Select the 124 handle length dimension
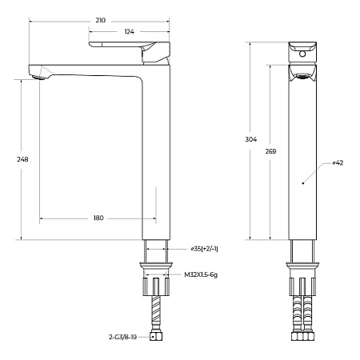coord(128,31)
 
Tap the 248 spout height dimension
coord(22,159)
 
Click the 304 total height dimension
coord(250,139)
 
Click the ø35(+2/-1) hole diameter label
coord(204,249)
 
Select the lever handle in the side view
coord(128,47)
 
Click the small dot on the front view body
coord(302,183)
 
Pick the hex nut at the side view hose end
coord(157,338)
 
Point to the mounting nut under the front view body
coord(302,264)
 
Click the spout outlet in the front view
coord(302,77)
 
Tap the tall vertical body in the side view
coord(157,160)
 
